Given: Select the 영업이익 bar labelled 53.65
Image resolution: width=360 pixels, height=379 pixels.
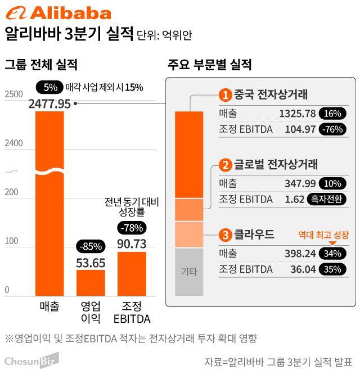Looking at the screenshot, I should pyautogui.click(x=91, y=282).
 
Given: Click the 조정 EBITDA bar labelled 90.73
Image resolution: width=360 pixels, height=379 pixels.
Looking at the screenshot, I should pyautogui.click(x=132, y=273).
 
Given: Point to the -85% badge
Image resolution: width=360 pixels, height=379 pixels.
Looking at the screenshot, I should pyautogui.click(x=91, y=246).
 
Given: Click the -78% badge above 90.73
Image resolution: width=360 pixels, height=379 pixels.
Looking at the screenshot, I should pyautogui.click(x=132, y=228).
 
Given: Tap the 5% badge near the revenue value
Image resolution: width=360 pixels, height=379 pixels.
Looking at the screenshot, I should pyautogui.click(x=49, y=87).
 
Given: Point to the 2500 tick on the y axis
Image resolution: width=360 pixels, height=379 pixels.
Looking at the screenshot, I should pyautogui.click(x=14, y=95).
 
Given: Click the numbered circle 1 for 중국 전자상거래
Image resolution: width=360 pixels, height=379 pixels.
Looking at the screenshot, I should pyautogui.click(x=225, y=94).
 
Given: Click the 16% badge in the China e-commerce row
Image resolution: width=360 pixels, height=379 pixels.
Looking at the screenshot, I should pyautogui.click(x=332, y=114).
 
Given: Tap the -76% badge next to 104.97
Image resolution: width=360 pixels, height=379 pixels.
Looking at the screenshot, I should pyautogui.click(x=332, y=129).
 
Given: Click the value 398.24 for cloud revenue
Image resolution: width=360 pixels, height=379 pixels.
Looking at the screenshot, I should pyautogui.click(x=300, y=254).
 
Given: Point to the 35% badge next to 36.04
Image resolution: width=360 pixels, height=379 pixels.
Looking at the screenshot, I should pyautogui.click(x=332, y=269).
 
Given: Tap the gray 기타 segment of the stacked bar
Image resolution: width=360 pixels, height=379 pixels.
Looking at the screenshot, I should pyautogui.click(x=188, y=272).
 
